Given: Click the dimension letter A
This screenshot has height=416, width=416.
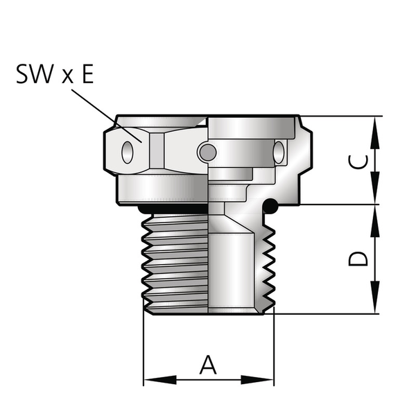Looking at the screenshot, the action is [x=208, y=365].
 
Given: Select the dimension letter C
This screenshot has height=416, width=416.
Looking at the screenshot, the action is [x=358, y=162].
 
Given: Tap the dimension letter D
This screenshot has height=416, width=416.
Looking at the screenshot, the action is [x=358, y=259].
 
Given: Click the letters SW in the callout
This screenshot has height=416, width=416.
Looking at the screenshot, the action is [x=35, y=74].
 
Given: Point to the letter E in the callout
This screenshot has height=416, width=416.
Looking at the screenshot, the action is [x=88, y=74].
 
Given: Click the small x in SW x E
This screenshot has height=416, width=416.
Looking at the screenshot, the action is [x=67, y=77].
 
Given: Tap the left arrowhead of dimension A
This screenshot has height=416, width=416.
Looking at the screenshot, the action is [x=160, y=380].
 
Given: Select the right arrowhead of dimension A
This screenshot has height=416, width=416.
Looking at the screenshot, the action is [x=257, y=380].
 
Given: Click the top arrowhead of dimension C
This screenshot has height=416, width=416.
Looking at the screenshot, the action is [x=375, y=132].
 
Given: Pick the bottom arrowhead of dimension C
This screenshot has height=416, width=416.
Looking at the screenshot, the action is [x=375, y=188].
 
